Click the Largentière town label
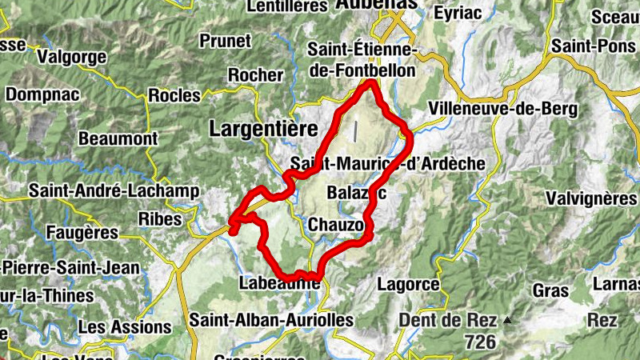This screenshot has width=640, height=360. pos(263,128)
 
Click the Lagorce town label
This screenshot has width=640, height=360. pos(408,284)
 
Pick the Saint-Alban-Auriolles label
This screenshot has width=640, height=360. pos(271,320)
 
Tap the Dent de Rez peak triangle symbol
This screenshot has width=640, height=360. pos(506,321)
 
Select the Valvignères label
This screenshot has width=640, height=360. pos(591,197)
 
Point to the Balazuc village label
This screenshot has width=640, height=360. pos(357,193)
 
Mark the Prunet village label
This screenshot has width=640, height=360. pos(225,40)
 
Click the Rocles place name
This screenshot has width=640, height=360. pos(174,95)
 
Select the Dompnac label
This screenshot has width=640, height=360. pos(45,94)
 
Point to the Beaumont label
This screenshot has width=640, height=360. pos(118,138)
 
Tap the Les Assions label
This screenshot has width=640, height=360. pos(125,327)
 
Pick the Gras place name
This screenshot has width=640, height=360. pos(550,289)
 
